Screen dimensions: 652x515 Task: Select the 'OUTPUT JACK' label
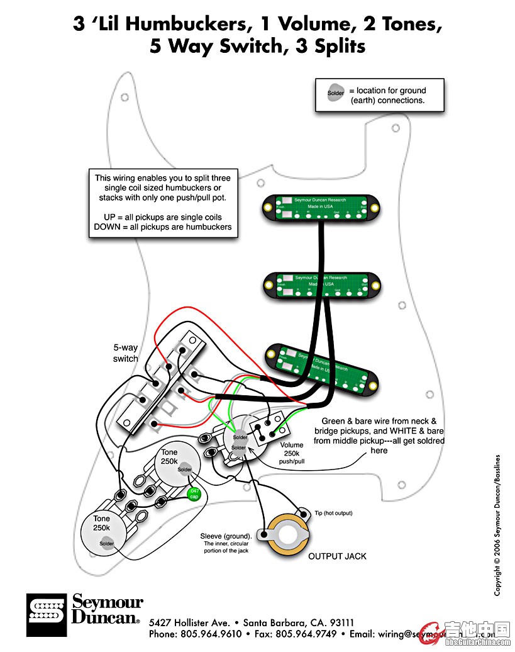(x=337, y=556)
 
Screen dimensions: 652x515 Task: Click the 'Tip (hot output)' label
(x=333, y=514)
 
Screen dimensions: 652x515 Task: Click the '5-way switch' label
(x=126, y=353)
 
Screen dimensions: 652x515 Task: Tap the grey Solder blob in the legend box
(x=336, y=93)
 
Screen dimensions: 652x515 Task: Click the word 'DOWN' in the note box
(x=108, y=227)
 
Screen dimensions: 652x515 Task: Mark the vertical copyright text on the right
(x=497, y=525)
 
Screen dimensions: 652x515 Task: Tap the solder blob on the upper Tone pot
(x=184, y=469)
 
